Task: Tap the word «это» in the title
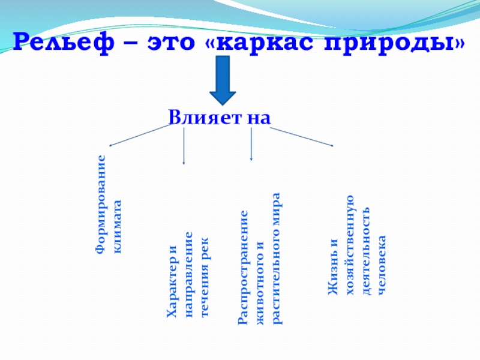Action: [x=176, y=43]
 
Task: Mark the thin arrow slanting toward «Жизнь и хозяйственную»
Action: [x=297, y=136]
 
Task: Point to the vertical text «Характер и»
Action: [x=172, y=281]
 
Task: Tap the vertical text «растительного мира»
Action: [x=277, y=259]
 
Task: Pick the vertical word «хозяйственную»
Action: [x=350, y=246]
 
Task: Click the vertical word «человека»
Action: [x=382, y=265]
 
